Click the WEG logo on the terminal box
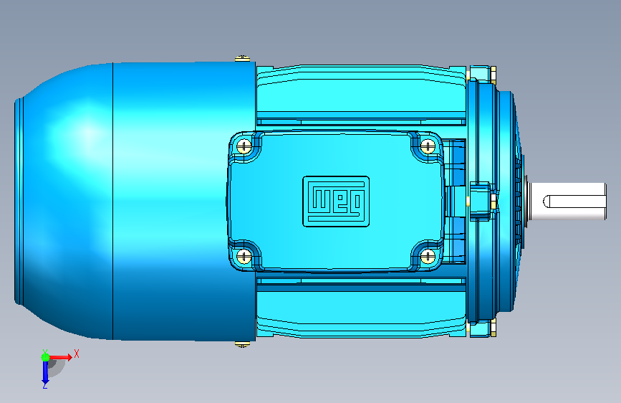click(x=336, y=201)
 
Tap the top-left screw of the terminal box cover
click(x=244, y=146)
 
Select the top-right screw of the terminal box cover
click(x=428, y=146)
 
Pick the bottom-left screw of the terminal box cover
click(x=244, y=256)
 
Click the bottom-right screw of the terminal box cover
click(x=428, y=256)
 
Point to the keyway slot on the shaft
click(x=574, y=201)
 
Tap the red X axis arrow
click(x=60, y=357)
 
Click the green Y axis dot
click(x=45, y=357)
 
